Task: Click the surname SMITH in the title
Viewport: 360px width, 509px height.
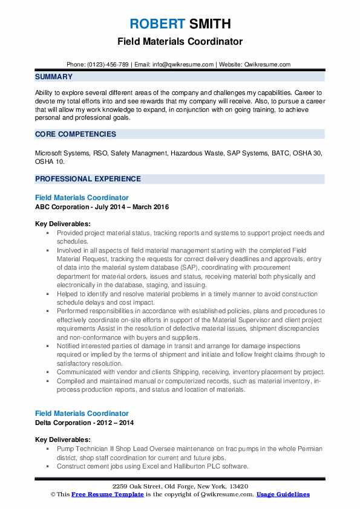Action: coord(209,24)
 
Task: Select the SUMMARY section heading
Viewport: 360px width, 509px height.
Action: coord(54,77)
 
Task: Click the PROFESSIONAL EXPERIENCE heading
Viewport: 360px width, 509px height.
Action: coord(88,179)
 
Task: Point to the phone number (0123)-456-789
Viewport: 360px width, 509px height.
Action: coord(106,64)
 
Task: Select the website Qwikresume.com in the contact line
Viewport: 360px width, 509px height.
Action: coord(268,64)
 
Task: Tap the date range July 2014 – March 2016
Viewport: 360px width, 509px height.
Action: coord(131,207)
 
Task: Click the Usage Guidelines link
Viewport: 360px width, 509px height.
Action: coord(283,494)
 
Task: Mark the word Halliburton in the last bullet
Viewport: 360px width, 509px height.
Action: coord(163,467)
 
